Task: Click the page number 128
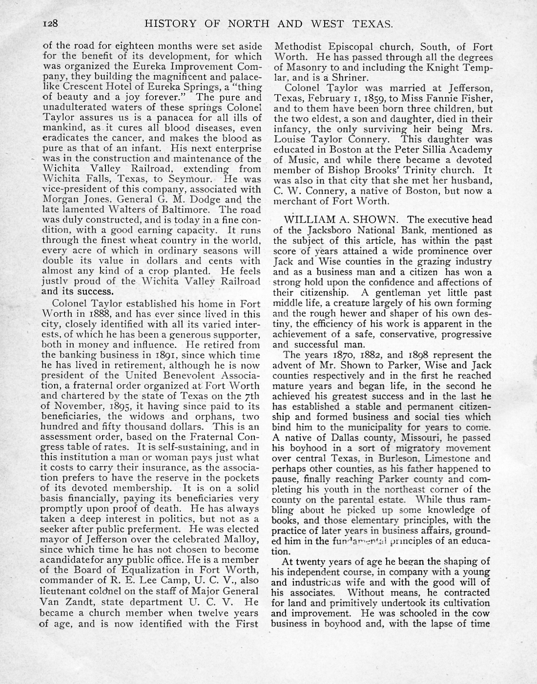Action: [51, 23]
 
